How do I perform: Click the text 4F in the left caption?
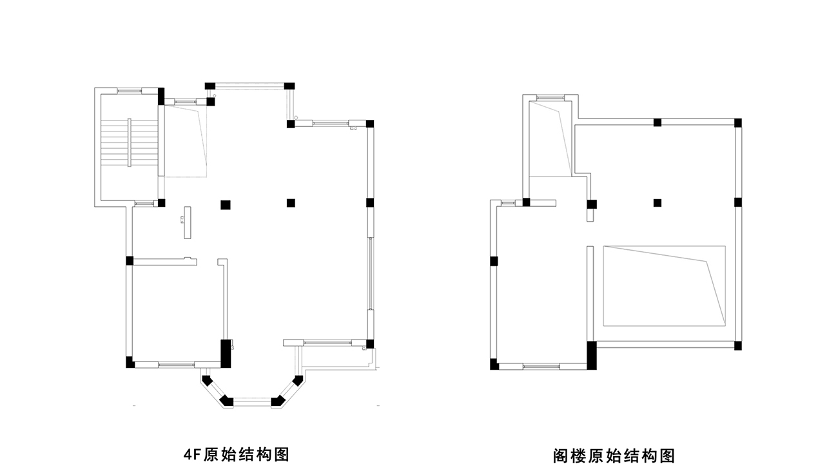193,455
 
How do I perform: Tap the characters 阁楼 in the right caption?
569,456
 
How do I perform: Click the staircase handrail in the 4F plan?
129,142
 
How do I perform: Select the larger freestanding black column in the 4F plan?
225,205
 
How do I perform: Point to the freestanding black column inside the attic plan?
658,203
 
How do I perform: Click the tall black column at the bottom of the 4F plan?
226,354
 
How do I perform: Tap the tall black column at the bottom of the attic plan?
592,356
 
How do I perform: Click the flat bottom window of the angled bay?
252,402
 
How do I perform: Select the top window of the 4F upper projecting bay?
249,86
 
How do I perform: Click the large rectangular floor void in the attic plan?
665,286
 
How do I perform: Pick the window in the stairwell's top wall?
130,90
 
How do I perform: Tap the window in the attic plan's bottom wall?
541,366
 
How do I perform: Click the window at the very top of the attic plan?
551,97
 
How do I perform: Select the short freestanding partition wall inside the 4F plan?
188,222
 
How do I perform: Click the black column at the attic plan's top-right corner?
737,122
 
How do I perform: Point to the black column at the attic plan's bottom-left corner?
494,365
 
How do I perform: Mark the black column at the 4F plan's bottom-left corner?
130,363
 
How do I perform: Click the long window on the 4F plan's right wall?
371,274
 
